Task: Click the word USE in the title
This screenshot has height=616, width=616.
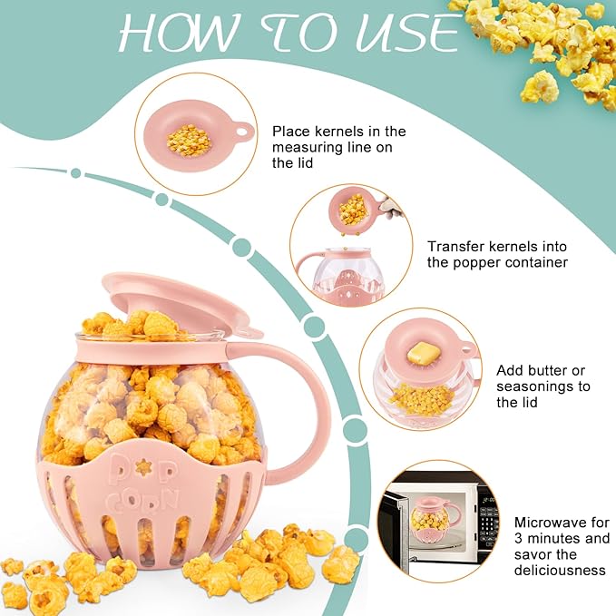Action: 407,33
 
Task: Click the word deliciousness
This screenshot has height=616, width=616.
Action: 560,571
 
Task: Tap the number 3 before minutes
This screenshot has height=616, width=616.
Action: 519,539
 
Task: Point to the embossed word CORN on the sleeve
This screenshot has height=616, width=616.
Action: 143,503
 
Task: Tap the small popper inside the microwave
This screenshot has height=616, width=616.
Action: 435,519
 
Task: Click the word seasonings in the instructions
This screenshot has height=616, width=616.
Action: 543,386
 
